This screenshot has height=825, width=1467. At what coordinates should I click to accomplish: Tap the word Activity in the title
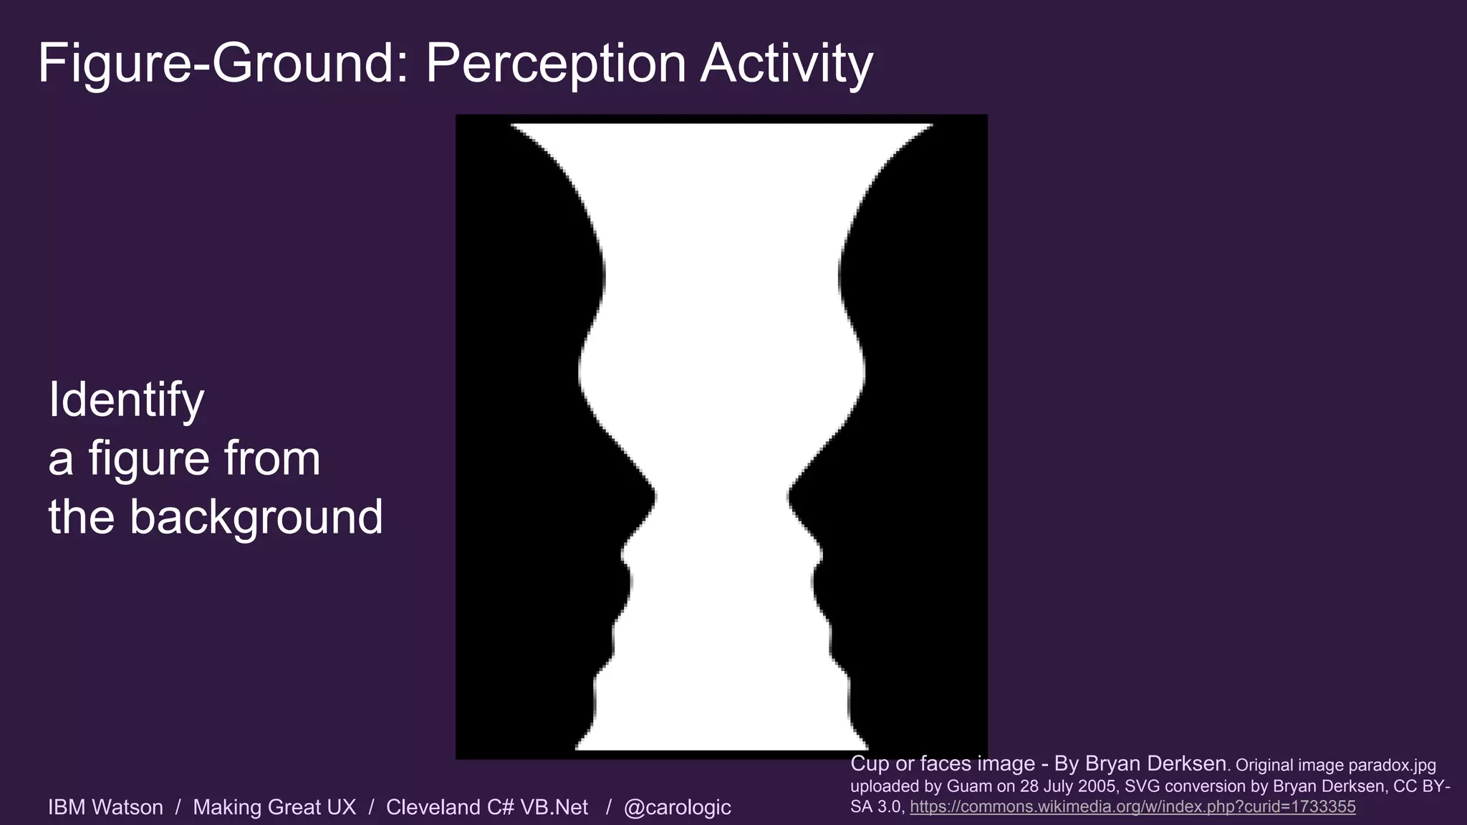click(787, 64)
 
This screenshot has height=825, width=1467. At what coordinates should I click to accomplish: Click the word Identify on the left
click(126, 400)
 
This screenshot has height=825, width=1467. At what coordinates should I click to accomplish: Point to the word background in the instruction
click(256, 517)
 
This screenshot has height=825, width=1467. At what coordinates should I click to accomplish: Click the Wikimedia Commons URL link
click(1132, 807)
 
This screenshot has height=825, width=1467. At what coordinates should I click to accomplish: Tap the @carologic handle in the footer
click(677, 808)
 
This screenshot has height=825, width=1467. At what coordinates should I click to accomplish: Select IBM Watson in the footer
click(105, 808)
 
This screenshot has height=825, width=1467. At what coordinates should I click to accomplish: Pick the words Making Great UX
click(274, 808)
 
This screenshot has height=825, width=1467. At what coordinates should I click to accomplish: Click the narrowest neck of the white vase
click(721, 494)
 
